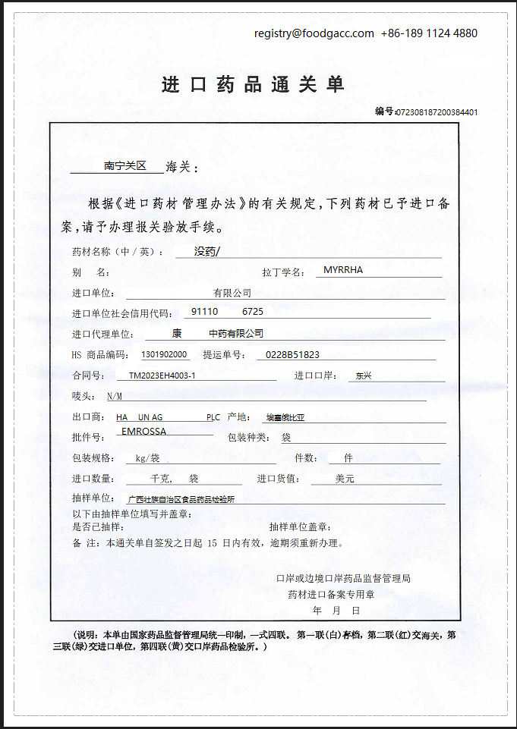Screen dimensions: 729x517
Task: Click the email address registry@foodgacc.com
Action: (x=314, y=33)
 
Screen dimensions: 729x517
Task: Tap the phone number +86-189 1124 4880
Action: (x=429, y=33)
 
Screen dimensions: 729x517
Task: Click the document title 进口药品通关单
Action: (x=254, y=84)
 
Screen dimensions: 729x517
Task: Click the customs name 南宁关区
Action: (x=125, y=165)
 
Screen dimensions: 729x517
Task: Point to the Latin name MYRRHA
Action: (x=343, y=270)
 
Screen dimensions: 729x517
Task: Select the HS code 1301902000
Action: (x=164, y=354)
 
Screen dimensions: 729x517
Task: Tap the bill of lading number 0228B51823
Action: (x=292, y=354)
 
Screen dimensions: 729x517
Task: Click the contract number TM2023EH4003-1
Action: (x=162, y=375)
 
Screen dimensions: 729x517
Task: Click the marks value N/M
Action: (x=114, y=397)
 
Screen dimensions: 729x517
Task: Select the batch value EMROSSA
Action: (x=143, y=432)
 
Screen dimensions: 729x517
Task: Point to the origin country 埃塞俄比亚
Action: (x=284, y=417)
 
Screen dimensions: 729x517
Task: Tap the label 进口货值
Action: (x=279, y=479)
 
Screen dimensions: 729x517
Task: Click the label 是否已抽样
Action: (x=97, y=526)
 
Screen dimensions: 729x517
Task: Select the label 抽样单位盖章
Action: (x=300, y=526)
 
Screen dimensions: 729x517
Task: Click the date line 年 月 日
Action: (x=336, y=610)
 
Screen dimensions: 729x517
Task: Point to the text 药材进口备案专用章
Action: (x=331, y=594)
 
